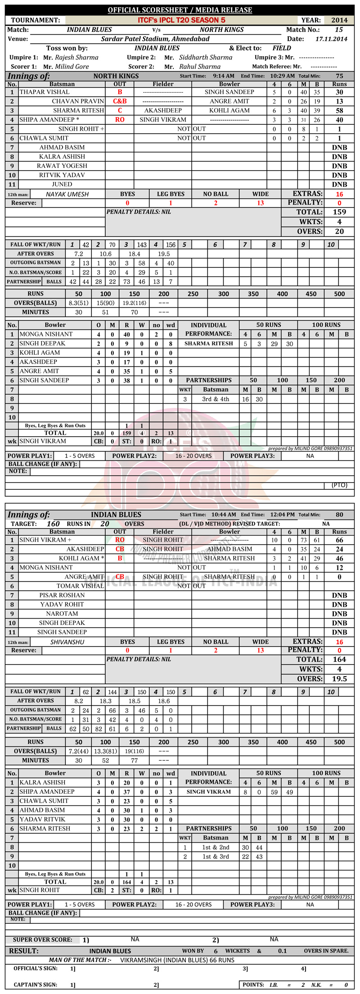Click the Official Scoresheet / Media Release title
180,10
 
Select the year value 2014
339,20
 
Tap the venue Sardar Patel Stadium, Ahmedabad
155,39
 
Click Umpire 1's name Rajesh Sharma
76,58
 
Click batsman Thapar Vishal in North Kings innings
45,92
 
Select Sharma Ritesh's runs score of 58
339,111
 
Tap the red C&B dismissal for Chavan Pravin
120,101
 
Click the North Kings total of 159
339,212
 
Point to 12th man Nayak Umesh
67,194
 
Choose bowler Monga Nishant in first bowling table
46,334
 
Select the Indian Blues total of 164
339,660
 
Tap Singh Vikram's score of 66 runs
339,540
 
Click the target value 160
53,524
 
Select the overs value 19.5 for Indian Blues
339,679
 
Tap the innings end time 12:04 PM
282,515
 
